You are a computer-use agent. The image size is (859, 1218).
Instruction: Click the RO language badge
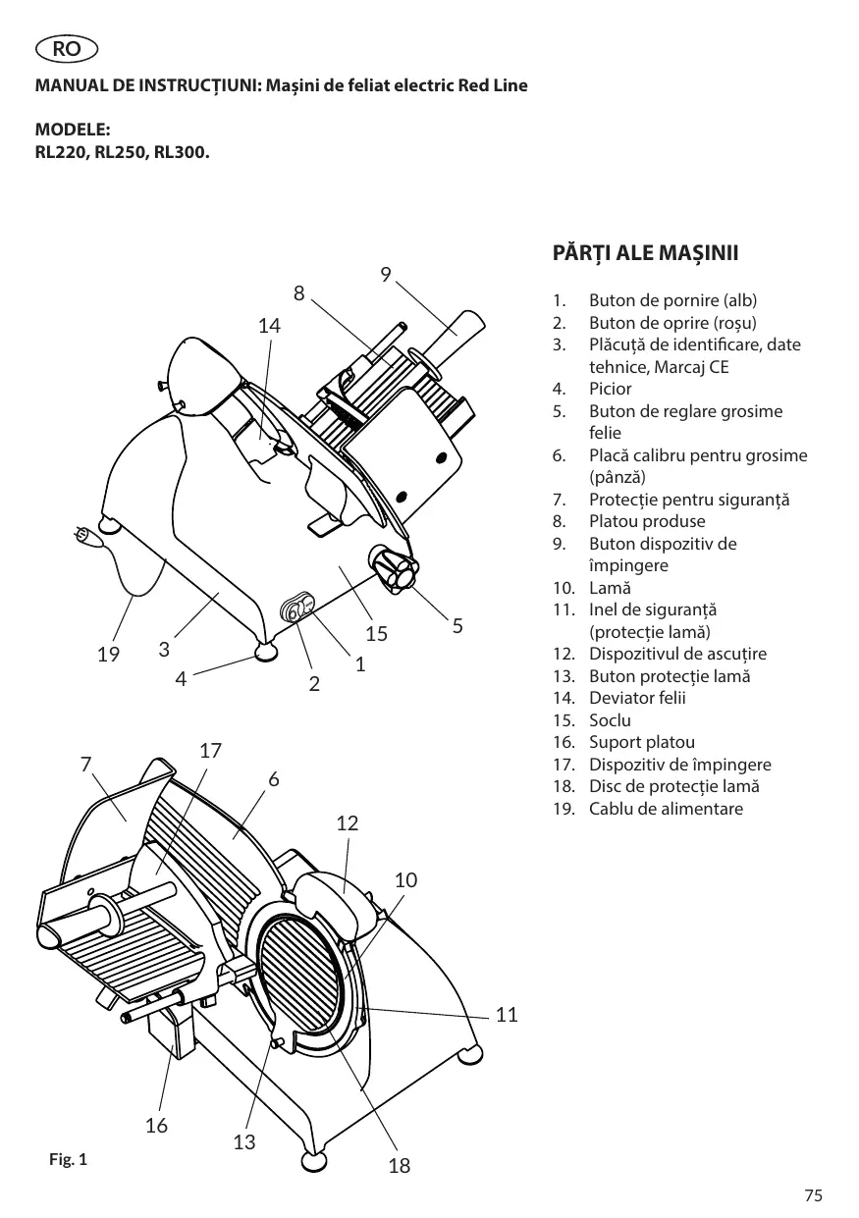pos(67,49)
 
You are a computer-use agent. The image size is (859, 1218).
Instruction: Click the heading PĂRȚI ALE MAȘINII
pos(645,253)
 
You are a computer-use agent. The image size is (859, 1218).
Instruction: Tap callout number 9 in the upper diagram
pos(386,275)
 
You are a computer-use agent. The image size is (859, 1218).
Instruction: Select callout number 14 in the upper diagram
pos(269,326)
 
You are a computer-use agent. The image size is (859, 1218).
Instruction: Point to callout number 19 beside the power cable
pos(108,654)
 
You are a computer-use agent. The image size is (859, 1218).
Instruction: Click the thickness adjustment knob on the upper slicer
pos(394,569)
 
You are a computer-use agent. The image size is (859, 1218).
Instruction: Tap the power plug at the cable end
pos(87,537)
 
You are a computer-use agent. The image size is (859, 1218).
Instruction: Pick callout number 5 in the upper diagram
pos(457,626)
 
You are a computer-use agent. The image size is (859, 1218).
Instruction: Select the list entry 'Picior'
pos(610,389)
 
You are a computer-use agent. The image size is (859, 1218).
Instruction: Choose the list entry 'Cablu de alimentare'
pos(666,809)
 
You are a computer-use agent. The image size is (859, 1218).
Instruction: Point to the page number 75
pos(813,1195)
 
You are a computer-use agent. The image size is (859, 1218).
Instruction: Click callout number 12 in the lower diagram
pos(348,823)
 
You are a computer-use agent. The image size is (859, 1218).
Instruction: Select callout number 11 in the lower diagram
pos(507,1015)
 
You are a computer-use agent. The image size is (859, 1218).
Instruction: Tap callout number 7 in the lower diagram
pos(86,765)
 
